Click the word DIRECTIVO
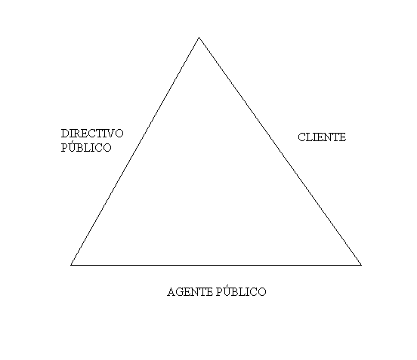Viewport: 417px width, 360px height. coord(92,134)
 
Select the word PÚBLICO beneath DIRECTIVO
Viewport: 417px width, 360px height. coord(86,146)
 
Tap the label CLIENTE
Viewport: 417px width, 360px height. coord(322,137)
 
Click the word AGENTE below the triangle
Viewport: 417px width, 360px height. coord(190,292)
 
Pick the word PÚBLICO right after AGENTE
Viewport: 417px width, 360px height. coord(241,291)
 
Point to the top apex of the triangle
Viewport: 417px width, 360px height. coord(199,38)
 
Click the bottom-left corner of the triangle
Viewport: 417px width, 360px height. coord(71,265)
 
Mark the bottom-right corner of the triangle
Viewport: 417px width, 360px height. coord(361,265)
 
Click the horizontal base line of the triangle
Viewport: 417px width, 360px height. coord(216,265)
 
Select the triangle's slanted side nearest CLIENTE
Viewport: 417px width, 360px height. coord(280,151)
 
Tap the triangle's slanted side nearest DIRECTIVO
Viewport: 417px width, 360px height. coord(134,151)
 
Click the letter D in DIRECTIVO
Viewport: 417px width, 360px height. coord(65,134)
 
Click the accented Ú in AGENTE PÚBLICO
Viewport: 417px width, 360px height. coord(226,291)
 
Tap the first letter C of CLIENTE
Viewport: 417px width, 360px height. coord(301,137)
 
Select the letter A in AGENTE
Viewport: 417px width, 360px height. coord(171,292)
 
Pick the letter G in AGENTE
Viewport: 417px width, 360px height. coord(180,292)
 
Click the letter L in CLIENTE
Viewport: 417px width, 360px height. coord(309,137)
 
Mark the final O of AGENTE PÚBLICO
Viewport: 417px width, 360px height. coord(262,292)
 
